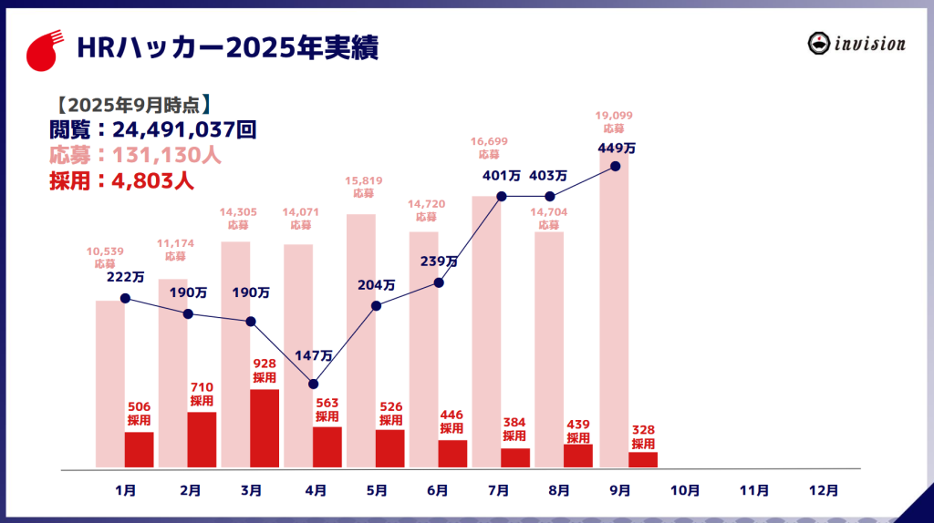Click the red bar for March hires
(265, 428)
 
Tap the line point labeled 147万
(314, 384)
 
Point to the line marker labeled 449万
(616, 166)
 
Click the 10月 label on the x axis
(684, 490)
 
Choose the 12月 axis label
(824, 490)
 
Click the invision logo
(856, 44)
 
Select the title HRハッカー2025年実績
(227, 47)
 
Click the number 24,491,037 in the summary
(174, 128)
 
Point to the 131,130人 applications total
(167, 155)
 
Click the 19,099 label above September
(614, 116)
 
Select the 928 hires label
(265, 364)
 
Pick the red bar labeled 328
(643, 460)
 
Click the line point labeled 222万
(125, 298)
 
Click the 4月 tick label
(316, 490)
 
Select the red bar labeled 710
(202, 440)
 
